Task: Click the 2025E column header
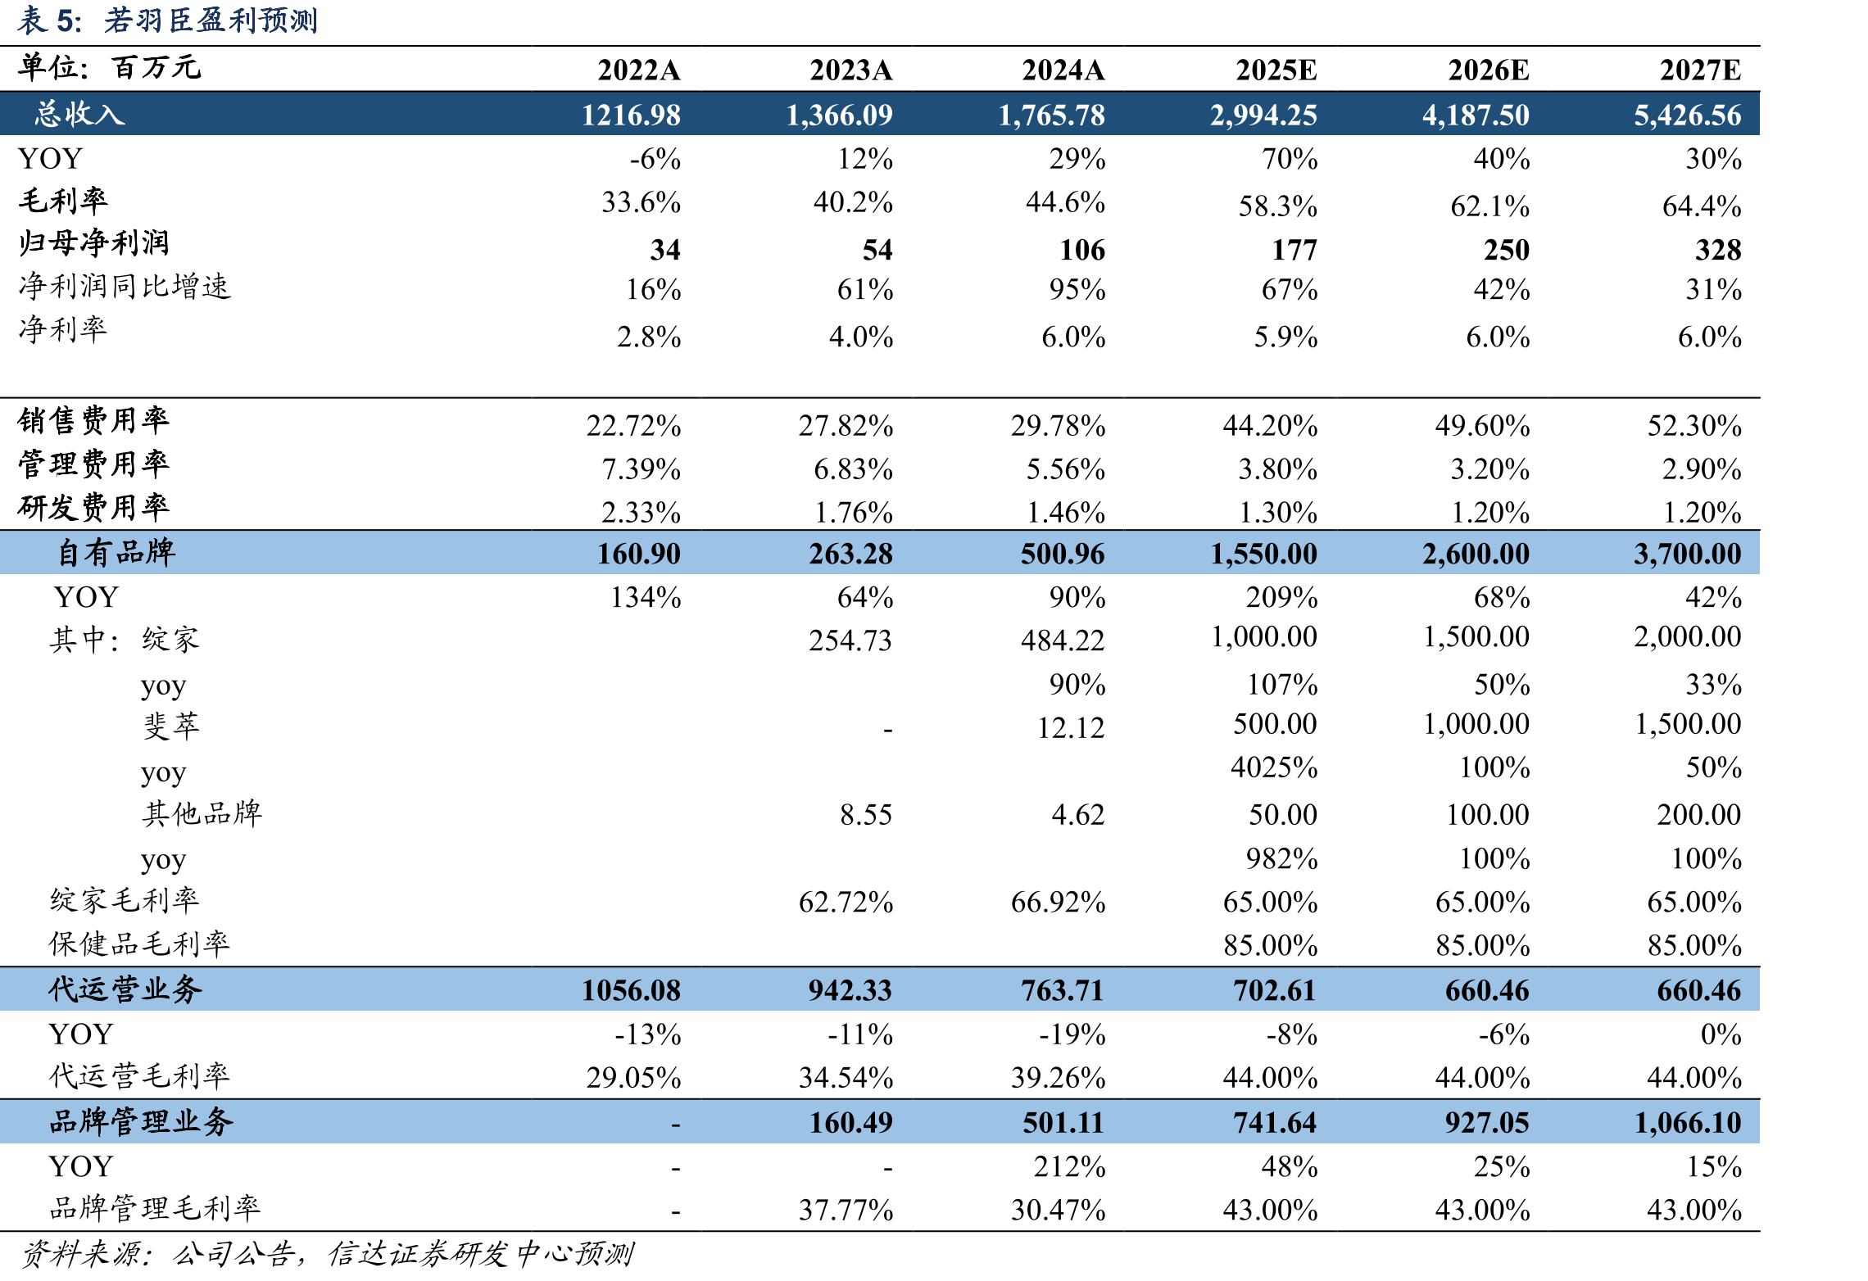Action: (1276, 70)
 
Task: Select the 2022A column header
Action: (639, 70)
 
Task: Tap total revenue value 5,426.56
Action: (1688, 115)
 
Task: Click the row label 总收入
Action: (79, 114)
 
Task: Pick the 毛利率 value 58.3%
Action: (1277, 206)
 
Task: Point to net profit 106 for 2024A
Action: (1082, 250)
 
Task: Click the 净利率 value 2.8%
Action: (649, 337)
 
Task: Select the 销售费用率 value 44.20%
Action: (1270, 426)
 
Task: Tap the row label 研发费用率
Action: (93, 508)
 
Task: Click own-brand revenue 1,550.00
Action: (1264, 554)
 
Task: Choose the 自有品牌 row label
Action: (116, 553)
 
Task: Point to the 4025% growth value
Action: (1274, 767)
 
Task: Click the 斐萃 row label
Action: (171, 727)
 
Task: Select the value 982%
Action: (1281, 858)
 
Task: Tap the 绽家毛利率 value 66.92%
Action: (1058, 903)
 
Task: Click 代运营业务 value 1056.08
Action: (631, 990)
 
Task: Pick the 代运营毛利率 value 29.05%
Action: (633, 1078)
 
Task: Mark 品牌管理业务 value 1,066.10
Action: (1688, 1123)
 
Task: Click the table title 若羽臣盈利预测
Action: (211, 20)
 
